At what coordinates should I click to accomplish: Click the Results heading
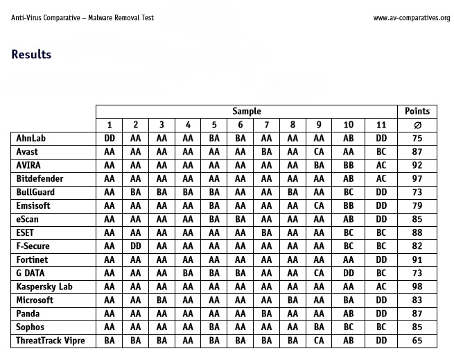point(31,55)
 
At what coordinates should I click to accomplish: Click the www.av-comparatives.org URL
point(411,18)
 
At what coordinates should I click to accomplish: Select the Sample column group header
point(246,111)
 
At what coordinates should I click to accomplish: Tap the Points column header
point(417,111)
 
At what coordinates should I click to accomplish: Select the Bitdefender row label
point(40,179)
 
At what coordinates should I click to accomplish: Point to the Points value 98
point(417,287)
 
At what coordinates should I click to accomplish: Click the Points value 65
point(417,341)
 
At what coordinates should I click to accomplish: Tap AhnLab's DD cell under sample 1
point(109,139)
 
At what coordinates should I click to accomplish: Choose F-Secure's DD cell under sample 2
point(135,246)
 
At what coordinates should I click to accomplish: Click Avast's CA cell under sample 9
point(319,152)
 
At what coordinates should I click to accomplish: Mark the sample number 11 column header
point(381,125)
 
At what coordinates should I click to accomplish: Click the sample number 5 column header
point(214,125)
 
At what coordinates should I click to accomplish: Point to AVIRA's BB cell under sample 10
point(349,166)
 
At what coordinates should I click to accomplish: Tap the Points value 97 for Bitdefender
point(417,179)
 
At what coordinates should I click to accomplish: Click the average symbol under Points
point(417,126)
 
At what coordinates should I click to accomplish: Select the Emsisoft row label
point(34,206)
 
